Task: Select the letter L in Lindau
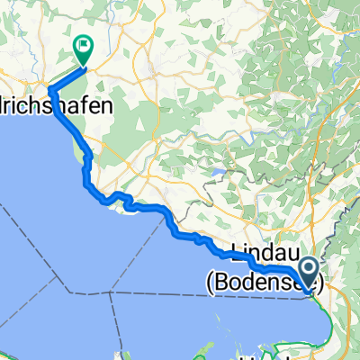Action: click(x=237, y=247)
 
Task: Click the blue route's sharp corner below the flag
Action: click(x=49, y=88)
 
